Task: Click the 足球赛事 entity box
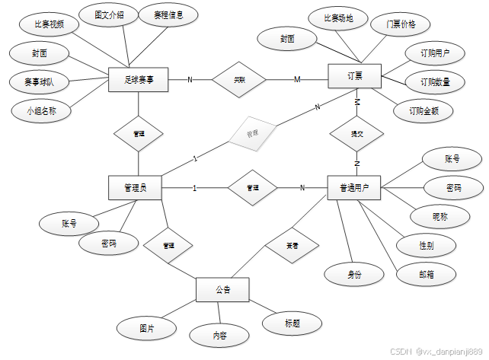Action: pyautogui.click(x=138, y=78)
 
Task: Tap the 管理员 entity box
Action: pyautogui.click(x=136, y=188)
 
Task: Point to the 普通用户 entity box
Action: pyautogui.click(x=354, y=188)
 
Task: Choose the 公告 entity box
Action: pyautogui.click(x=222, y=290)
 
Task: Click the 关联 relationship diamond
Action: pyautogui.click(x=239, y=78)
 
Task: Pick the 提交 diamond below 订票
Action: pyautogui.click(x=356, y=133)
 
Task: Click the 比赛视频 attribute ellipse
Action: pyautogui.click(x=50, y=24)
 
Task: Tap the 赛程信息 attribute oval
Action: pyautogui.click(x=169, y=14)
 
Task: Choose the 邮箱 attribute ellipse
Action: pyautogui.click(x=427, y=274)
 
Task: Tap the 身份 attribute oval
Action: pyautogui.click(x=355, y=272)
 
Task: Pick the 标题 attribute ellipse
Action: pyautogui.click(x=292, y=323)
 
